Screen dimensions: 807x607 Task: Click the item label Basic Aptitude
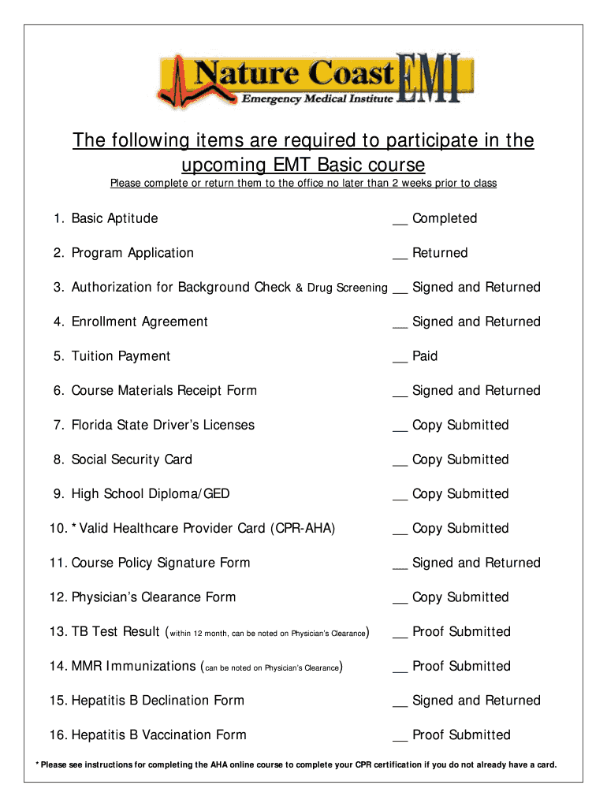pos(114,218)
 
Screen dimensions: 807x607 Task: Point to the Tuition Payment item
pos(121,356)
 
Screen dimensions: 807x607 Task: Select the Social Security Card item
pos(132,459)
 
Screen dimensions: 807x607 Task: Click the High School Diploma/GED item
pos(151,494)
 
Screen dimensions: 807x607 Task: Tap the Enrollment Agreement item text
pos(140,322)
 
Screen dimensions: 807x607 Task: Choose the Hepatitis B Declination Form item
pos(158,701)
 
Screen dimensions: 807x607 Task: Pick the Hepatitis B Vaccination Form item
pos(158,735)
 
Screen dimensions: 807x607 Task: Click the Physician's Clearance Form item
pos(154,597)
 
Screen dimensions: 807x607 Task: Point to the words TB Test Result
pos(116,632)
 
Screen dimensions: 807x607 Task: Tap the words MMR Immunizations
pos(133,666)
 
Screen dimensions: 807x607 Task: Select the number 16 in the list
pos(58,735)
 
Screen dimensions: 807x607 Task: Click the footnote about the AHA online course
pos(296,764)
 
